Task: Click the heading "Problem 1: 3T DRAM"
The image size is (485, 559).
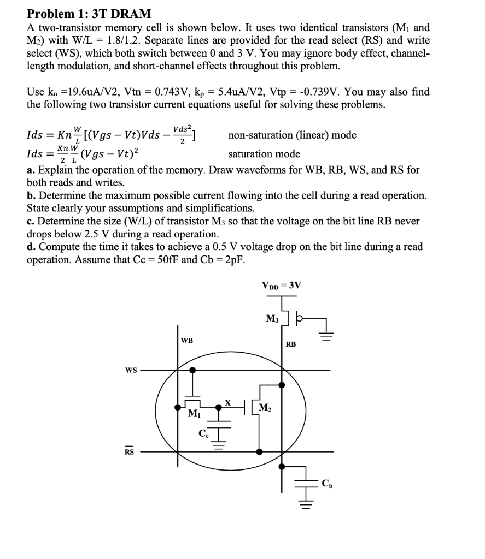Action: (x=89, y=14)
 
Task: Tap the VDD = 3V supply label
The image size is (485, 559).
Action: (x=281, y=285)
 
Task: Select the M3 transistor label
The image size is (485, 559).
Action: (x=272, y=318)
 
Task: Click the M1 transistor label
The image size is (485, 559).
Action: (x=194, y=413)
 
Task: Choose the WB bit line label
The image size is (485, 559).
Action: (x=186, y=341)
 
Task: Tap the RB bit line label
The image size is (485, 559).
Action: (x=291, y=344)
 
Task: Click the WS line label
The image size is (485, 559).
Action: (x=131, y=370)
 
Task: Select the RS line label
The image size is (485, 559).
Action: (x=129, y=452)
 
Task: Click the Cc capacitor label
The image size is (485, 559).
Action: (x=203, y=434)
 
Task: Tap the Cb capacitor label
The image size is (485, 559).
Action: (x=326, y=483)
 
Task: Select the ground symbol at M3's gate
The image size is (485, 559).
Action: (x=326, y=334)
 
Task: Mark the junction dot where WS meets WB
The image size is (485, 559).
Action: (x=192, y=370)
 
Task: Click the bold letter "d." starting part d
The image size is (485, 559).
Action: (x=31, y=247)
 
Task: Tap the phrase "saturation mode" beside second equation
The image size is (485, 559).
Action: (x=264, y=154)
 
